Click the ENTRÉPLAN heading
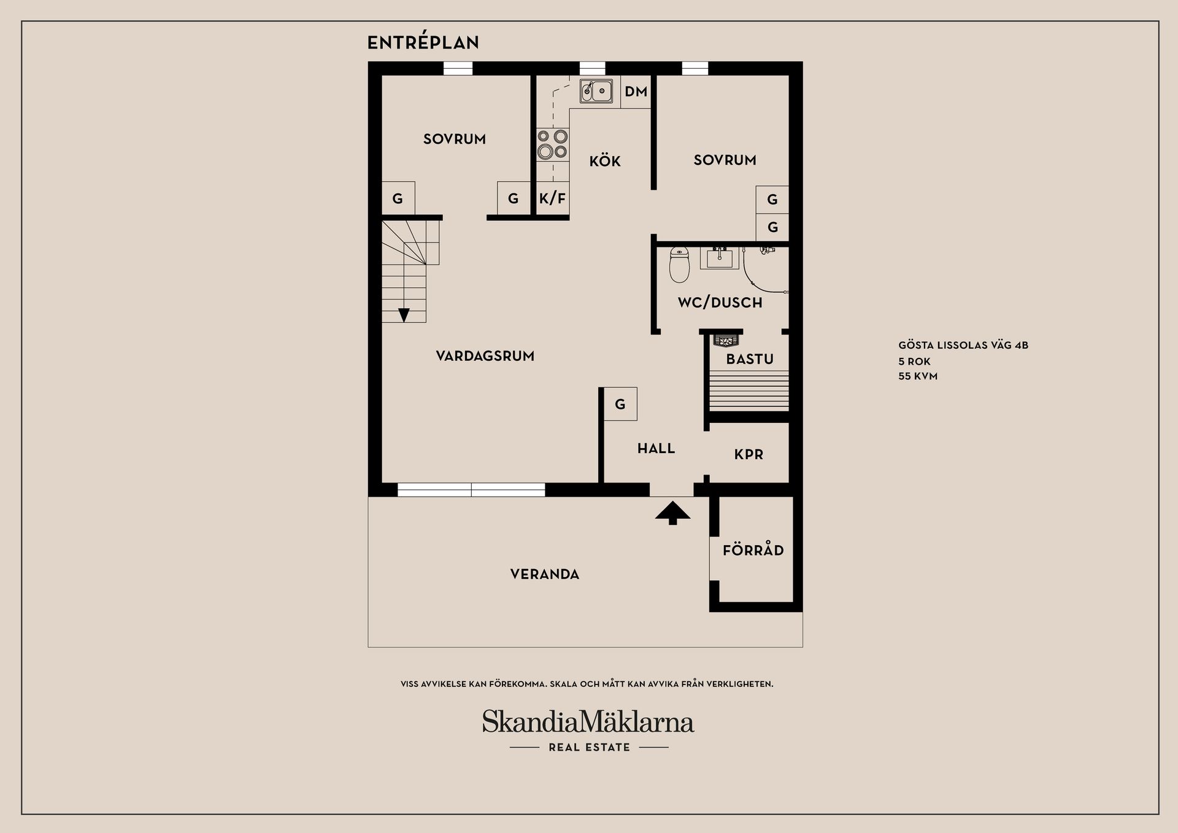pyautogui.click(x=423, y=42)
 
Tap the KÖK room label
pyautogui.click(x=605, y=161)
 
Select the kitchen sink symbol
pyautogui.click(x=596, y=91)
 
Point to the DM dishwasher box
pyautogui.click(x=636, y=92)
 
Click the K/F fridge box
pyautogui.click(x=552, y=198)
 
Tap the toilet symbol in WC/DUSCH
pyautogui.click(x=679, y=265)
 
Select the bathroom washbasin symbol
pyautogui.click(x=720, y=258)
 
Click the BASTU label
pyautogui.click(x=750, y=359)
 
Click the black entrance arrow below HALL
pyautogui.click(x=672, y=512)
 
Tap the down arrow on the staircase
pyautogui.click(x=404, y=314)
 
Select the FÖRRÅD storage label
pyautogui.click(x=753, y=551)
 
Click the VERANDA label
pyautogui.click(x=545, y=575)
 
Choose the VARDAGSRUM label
pyautogui.click(x=485, y=356)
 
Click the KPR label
pyautogui.click(x=749, y=455)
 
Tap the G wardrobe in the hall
pyautogui.click(x=620, y=404)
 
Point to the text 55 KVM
pyautogui.click(x=918, y=376)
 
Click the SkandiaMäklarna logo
pyautogui.click(x=588, y=723)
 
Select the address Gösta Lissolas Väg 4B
pyautogui.click(x=963, y=345)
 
